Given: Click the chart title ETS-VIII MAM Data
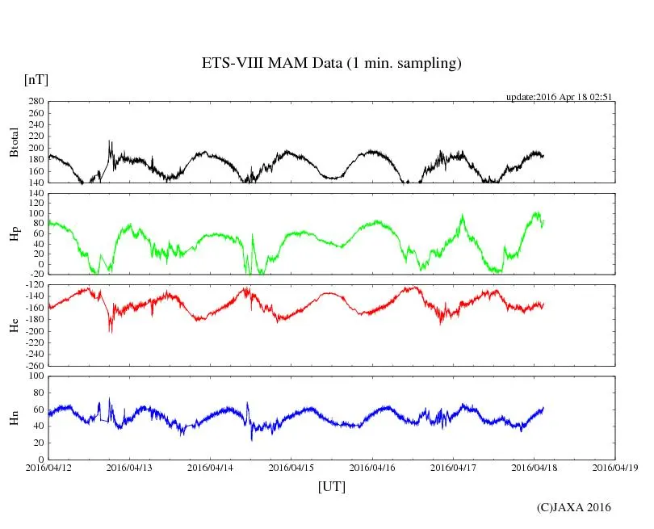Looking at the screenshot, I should coord(331,63).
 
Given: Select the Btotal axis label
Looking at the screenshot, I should coord(14,142).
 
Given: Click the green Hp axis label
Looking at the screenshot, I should coord(14,234).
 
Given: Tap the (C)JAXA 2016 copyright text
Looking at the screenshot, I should coord(573,507).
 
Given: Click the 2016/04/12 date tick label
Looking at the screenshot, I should coord(48,468).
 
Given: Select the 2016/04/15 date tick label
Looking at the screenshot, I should coord(291,468).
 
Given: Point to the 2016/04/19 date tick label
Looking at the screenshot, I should coord(615,468).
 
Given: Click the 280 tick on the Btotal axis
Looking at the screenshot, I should coord(35,102).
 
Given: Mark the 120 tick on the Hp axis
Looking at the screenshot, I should coord(35,193).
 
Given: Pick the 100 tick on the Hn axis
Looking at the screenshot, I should coord(35,376).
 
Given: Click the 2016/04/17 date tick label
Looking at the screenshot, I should coord(453,468).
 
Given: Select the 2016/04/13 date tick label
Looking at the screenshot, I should coord(129,468).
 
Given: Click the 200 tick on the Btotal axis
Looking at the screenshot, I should coord(35,148).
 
